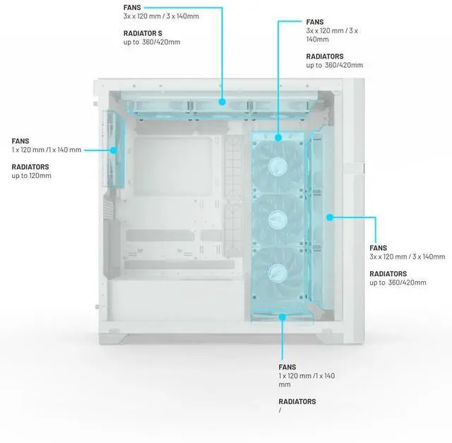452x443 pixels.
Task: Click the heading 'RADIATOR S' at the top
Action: point(143,33)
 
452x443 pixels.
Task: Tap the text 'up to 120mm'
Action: point(31,176)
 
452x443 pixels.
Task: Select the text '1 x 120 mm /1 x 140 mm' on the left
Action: point(47,150)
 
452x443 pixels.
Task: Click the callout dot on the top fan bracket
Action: point(222,102)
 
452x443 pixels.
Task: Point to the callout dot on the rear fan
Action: point(114,150)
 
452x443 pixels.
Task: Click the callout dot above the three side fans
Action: point(278,138)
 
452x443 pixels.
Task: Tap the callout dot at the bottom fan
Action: point(282,317)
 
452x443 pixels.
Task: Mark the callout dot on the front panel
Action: point(330,218)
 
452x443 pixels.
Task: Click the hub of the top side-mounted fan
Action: point(278,167)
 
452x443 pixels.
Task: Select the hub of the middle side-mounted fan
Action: point(278,220)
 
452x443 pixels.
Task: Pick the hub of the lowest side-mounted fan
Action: point(278,273)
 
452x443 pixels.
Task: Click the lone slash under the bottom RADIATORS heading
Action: point(280,410)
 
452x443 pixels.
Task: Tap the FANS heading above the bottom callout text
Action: point(287,367)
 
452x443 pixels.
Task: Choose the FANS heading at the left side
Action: point(20,141)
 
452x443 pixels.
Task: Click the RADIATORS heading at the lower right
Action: point(388,273)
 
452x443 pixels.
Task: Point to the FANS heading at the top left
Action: point(132,8)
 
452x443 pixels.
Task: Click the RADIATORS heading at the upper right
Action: point(325,57)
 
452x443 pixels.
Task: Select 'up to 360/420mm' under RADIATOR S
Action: point(152,42)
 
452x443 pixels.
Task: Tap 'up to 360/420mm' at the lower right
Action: point(398,283)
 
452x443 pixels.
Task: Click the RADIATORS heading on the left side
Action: point(30,167)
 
